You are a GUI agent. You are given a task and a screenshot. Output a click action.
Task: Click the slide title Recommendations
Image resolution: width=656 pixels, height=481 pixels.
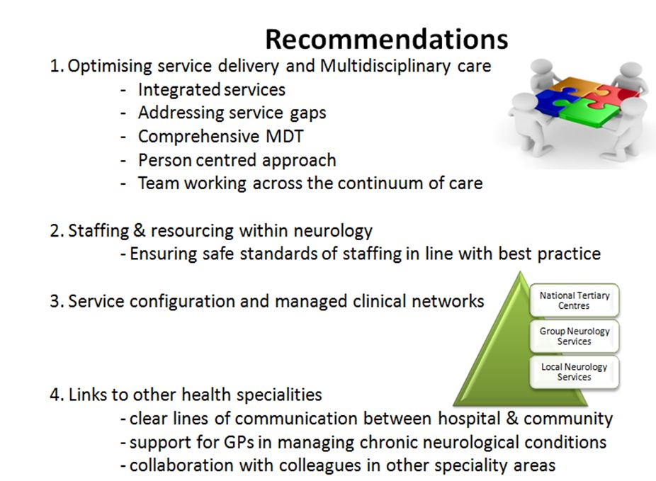(x=387, y=40)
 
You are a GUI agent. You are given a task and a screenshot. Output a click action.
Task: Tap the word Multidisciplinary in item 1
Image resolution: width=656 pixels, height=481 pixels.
(x=385, y=67)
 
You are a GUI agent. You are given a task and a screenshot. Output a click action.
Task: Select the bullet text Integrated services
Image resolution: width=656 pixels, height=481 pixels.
(x=212, y=90)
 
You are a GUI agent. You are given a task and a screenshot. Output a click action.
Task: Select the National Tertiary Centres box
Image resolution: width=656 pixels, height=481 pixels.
(x=574, y=300)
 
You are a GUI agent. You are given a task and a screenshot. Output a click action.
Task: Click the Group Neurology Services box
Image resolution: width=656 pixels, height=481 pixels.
(x=574, y=336)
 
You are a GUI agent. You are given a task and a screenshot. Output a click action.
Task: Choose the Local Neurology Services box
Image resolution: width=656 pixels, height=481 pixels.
(x=574, y=372)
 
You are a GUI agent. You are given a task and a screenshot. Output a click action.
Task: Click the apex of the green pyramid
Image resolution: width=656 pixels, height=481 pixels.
(x=520, y=272)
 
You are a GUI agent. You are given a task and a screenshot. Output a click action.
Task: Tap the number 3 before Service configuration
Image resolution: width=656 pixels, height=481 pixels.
(x=55, y=302)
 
